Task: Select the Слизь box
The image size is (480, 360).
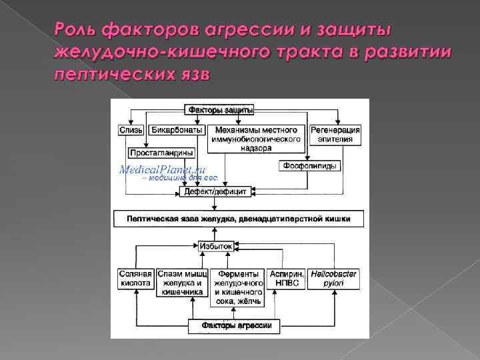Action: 129,129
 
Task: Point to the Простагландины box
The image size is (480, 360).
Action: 161,152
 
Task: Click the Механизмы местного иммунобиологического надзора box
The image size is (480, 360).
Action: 257,139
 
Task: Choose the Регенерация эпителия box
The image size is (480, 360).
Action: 335,135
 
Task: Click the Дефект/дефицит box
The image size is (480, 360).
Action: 215,192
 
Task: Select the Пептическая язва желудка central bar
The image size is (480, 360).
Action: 239,218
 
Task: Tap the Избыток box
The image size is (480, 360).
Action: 216,246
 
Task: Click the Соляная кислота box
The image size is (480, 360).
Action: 135,279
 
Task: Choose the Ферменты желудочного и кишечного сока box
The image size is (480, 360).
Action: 237,287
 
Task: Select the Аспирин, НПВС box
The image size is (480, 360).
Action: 286,279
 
